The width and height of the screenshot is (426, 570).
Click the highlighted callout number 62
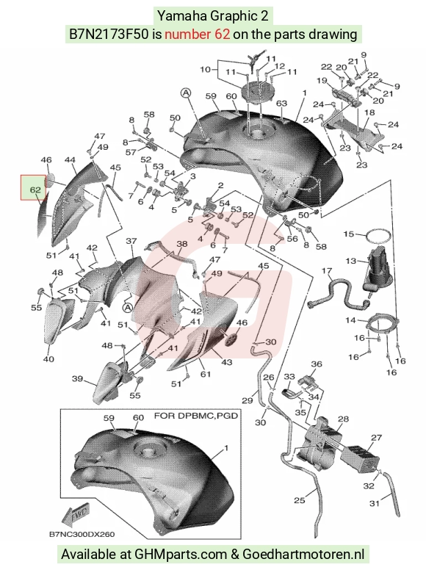point(35,190)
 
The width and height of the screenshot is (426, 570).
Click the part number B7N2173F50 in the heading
point(109,35)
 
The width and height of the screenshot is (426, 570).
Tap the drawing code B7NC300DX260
point(82,535)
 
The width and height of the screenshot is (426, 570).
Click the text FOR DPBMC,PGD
point(196,416)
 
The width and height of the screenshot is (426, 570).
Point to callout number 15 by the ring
point(349,234)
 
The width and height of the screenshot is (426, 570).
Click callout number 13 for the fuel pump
point(351,261)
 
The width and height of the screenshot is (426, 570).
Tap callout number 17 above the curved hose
point(327,271)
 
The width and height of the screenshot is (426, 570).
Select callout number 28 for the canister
point(343,419)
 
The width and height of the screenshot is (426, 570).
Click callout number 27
point(377,438)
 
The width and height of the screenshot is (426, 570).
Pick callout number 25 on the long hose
point(299,500)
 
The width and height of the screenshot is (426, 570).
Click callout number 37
point(131,241)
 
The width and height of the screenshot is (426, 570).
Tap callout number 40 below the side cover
point(48,359)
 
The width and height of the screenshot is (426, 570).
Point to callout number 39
point(77,379)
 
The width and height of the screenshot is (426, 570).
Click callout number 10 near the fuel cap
point(206,69)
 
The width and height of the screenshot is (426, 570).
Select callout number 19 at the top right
point(322,80)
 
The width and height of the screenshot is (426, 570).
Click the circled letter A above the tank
point(186,93)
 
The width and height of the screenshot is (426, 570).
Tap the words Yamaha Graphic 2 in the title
point(213,16)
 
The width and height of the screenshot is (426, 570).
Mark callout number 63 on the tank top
point(281,104)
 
